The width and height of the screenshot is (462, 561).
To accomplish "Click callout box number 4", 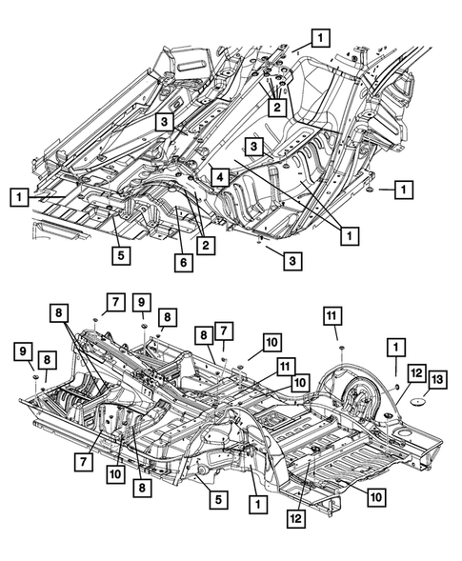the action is pos(220,177).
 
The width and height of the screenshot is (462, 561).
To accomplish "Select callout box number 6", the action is pos(184,263).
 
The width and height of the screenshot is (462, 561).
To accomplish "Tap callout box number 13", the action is pos(437,380).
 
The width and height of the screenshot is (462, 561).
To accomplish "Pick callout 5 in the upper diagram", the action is pos(121,256).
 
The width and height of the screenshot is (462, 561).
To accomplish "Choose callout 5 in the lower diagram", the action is pos(219,499).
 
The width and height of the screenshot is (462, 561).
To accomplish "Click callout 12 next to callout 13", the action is pos(416,373).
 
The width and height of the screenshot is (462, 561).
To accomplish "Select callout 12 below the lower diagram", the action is pos(296,518).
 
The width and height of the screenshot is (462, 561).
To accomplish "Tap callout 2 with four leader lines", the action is pos(277,107).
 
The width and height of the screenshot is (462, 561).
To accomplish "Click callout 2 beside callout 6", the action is pos(206,246).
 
